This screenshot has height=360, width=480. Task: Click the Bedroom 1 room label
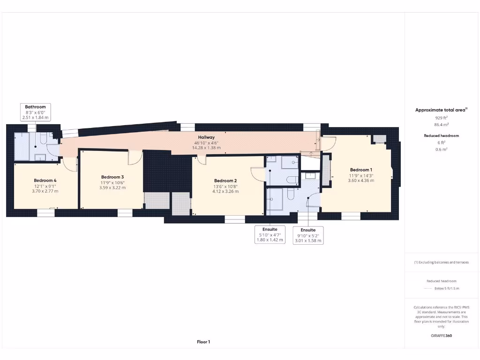361,170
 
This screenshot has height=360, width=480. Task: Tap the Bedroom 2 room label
225,181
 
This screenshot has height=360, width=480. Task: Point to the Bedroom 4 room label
45,180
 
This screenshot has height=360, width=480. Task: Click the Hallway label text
206,137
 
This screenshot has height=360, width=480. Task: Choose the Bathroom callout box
36,112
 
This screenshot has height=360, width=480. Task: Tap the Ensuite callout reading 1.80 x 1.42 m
269,235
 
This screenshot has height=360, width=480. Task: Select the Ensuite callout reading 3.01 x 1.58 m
308,235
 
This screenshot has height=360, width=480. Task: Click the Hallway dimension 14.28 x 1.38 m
206,148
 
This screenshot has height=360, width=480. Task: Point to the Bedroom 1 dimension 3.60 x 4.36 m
361,180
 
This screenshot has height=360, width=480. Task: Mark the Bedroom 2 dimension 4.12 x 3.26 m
225,191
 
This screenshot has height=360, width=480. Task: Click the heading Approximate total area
441,110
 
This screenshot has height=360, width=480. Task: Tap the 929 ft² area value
441,118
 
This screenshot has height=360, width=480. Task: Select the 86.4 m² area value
441,125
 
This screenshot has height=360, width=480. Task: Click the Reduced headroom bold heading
441,135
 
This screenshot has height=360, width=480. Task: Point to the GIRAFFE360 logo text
441,336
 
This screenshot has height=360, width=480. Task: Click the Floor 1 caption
203,342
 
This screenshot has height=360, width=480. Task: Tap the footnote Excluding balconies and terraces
441,262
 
